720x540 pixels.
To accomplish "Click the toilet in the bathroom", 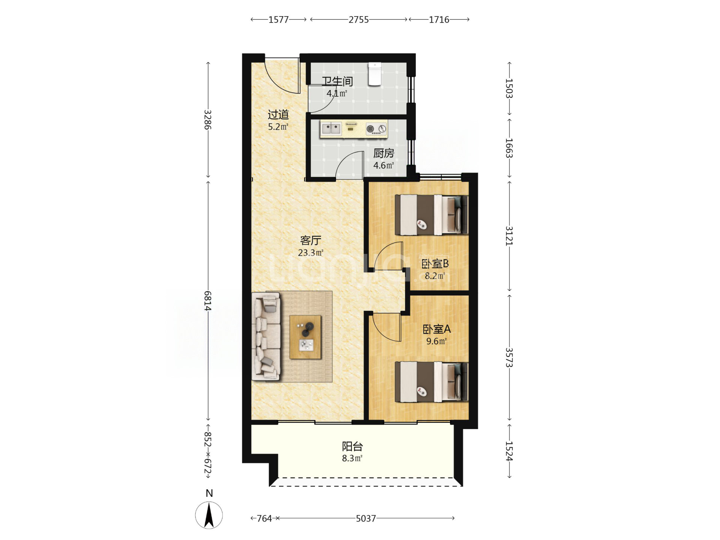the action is click(375, 74).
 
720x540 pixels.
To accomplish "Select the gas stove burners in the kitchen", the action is click(376, 129).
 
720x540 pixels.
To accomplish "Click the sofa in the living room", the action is click(266, 336).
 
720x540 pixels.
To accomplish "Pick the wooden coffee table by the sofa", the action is click(305, 337).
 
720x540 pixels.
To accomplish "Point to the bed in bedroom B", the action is click(431, 215).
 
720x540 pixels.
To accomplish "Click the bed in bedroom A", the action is click(431, 382).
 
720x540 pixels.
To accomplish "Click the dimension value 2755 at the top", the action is click(358, 19).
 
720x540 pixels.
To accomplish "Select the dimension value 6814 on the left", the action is click(208, 301).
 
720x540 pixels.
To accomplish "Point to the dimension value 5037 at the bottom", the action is click(366, 518).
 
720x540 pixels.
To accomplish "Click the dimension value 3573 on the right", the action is click(509, 357).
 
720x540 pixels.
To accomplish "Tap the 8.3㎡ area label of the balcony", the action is click(352, 458).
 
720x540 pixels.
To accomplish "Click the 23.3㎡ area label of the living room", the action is click(310, 253).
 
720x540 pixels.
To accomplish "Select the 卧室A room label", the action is click(436, 329).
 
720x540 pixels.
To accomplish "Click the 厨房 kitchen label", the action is click(384, 153).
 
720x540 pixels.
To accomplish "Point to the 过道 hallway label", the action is click(278, 114).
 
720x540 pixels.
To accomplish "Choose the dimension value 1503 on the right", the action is click(509, 88).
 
